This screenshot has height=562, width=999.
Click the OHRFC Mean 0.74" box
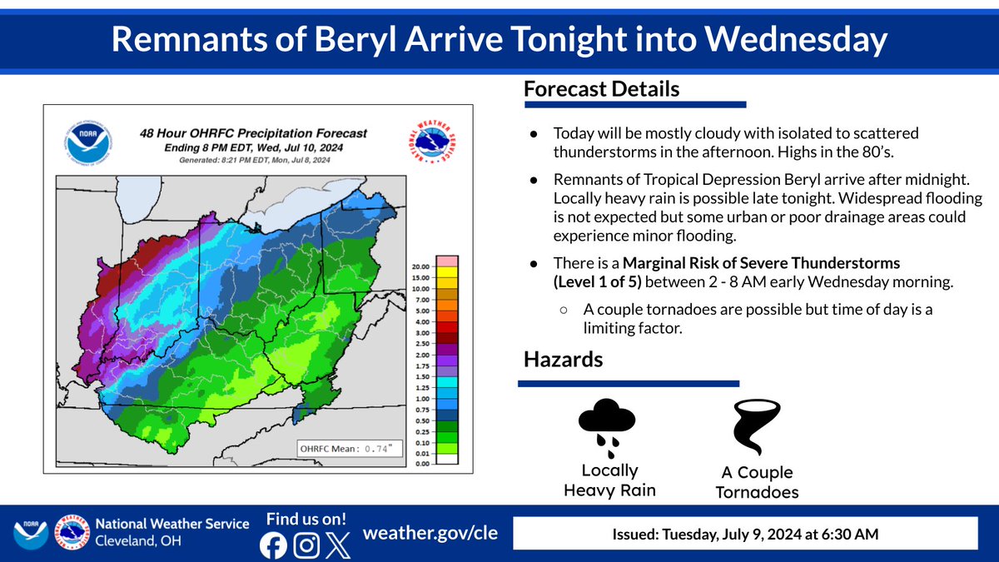click(347, 450)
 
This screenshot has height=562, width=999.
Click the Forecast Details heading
click(602, 89)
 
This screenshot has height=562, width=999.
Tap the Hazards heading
click(563, 360)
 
